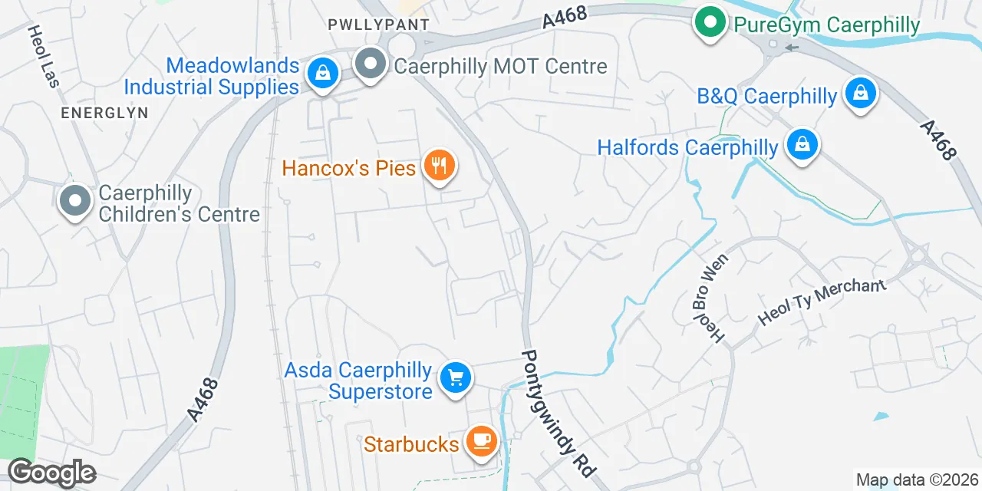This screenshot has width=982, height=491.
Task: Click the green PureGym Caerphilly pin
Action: [x=710, y=23]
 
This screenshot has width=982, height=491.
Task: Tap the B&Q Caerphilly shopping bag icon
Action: [x=861, y=94]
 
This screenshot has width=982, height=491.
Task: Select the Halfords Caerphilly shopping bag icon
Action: [x=802, y=145]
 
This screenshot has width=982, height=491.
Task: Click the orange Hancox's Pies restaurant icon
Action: [x=439, y=166]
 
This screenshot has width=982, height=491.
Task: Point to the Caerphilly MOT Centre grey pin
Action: [x=371, y=64]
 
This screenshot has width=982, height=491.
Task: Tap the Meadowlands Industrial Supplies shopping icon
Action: [x=323, y=74]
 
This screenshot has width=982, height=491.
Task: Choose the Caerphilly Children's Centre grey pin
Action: [x=74, y=201]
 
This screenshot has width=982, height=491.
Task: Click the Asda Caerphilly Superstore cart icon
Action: [x=456, y=378]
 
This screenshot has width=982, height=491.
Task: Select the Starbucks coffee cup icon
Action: [x=481, y=441]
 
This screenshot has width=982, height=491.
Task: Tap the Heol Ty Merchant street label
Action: [x=821, y=301]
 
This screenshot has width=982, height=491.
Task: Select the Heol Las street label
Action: [x=43, y=55]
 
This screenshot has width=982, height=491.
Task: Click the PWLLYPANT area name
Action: [x=378, y=25]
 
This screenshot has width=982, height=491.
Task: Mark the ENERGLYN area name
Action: [x=104, y=113]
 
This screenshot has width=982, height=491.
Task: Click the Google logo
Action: [x=52, y=473]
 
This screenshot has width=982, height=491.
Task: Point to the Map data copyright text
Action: [x=917, y=480]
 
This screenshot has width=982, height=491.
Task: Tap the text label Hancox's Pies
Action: [x=349, y=167]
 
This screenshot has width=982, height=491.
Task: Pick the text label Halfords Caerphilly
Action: [x=687, y=147]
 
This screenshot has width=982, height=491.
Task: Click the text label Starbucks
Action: [x=411, y=443]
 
